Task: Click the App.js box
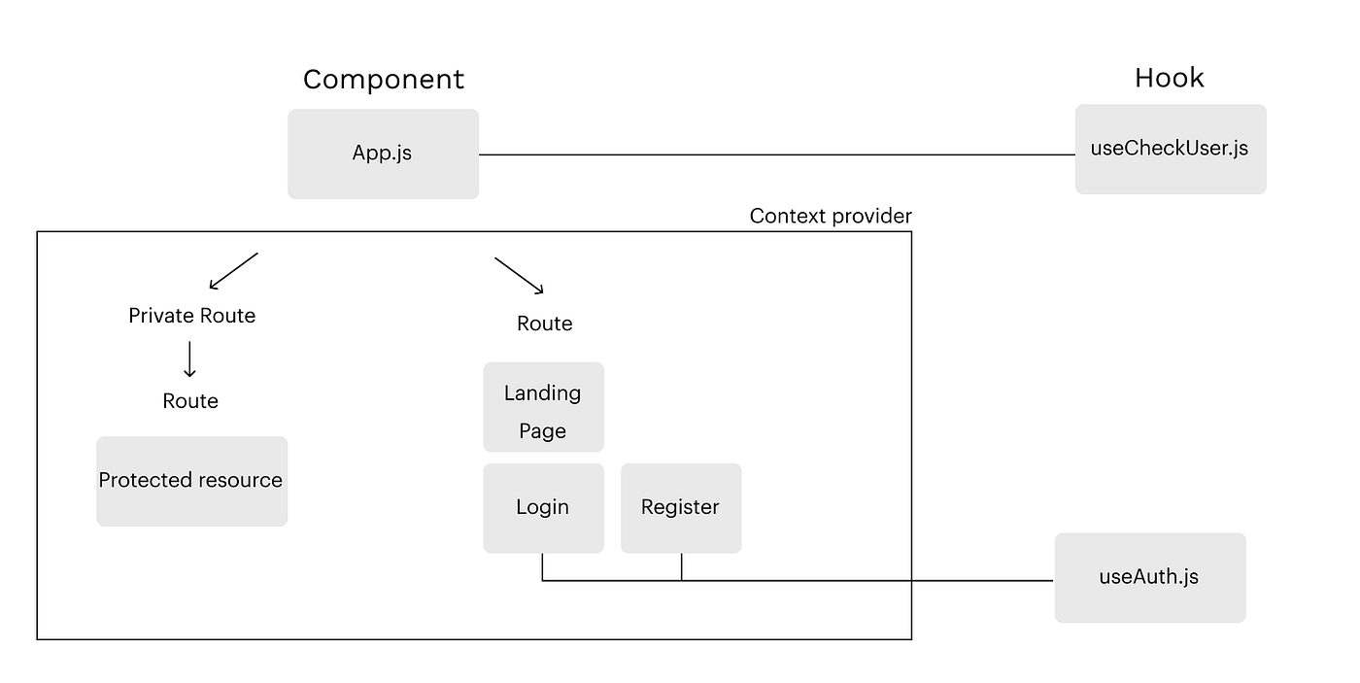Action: click(383, 154)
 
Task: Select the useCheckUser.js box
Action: click(1170, 149)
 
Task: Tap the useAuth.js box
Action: click(1149, 577)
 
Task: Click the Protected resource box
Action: click(191, 481)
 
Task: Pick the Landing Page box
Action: click(543, 407)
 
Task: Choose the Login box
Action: click(543, 508)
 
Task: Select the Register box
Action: click(680, 508)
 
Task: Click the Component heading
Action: click(384, 79)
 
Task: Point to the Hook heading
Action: click(1169, 78)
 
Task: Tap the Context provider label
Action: click(831, 216)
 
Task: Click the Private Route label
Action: click(191, 316)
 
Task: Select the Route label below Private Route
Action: click(190, 401)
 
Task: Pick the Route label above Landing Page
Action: click(544, 324)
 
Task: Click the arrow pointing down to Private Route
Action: click(233, 271)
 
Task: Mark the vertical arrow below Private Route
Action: click(189, 359)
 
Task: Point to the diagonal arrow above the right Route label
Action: click(519, 275)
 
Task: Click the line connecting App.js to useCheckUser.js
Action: click(777, 154)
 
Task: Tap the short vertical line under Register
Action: click(681, 567)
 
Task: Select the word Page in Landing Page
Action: click(542, 430)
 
